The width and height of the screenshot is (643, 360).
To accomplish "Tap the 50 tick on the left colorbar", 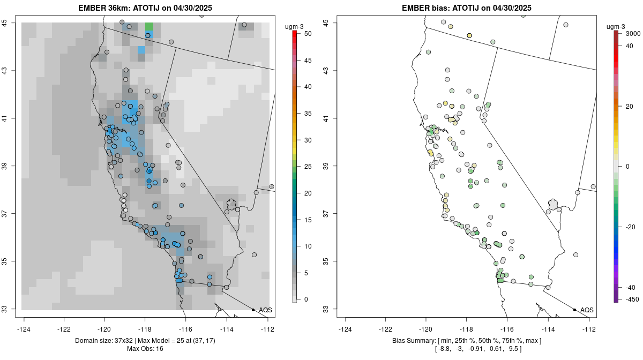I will pyautogui.click(x=307, y=34).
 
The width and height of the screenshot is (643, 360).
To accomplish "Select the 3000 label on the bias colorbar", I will pyautogui.click(x=633, y=34).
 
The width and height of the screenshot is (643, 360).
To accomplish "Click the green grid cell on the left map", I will pyautogui.click(x=149, y=27).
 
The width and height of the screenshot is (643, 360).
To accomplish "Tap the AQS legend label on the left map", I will pyautogui.click(x=266, y=310).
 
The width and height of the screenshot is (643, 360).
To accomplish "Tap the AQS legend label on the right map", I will pyautogui.click(x=587, y=310).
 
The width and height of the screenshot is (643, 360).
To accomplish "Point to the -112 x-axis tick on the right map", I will pyautogui.click(x=589, y=329).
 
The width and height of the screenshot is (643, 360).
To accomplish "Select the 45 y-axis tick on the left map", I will pyautogui.click(x=12, y=22).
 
